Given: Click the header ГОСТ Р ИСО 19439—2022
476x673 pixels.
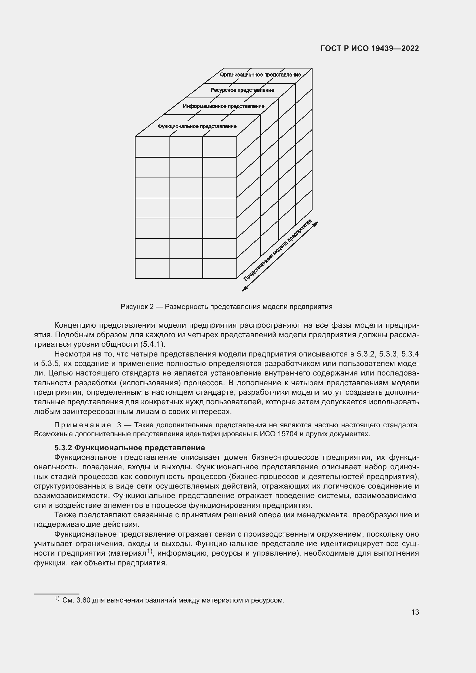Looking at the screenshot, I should (370, 48).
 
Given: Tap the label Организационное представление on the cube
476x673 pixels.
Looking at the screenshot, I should (260, 75).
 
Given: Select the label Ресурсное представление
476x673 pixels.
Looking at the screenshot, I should (242, 90).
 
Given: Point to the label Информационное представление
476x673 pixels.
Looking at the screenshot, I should (224, 106).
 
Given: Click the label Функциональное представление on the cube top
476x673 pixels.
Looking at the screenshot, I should (197, 126).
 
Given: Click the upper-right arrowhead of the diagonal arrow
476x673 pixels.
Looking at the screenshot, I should (316, 224).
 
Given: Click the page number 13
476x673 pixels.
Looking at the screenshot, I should (415, 612).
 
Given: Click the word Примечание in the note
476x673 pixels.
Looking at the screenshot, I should (83, 425).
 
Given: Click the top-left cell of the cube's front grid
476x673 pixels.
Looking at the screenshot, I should (152, 147).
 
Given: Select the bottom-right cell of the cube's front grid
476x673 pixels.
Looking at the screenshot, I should (219, 268).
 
